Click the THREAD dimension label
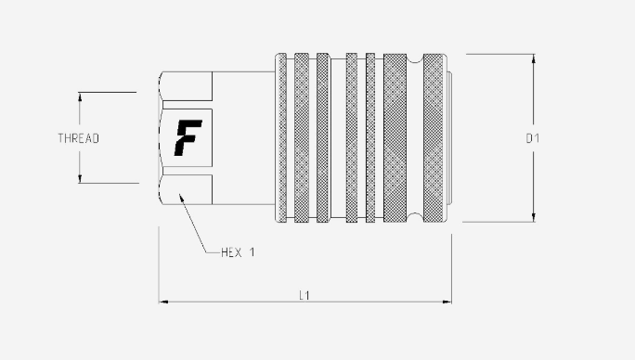(x=79, y=138)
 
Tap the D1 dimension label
(x=532, y=138)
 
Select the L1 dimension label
(x=305, y=296)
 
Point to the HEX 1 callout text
(x=238, y=252)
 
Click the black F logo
(x=188, y=137)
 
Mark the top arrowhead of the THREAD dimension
(x=80, y=96)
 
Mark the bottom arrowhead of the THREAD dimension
(x=80, y=179)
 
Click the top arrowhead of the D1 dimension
(x=534, y=58)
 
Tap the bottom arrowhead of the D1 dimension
(x=534, y=217)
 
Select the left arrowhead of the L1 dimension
(x=163, y=302)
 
